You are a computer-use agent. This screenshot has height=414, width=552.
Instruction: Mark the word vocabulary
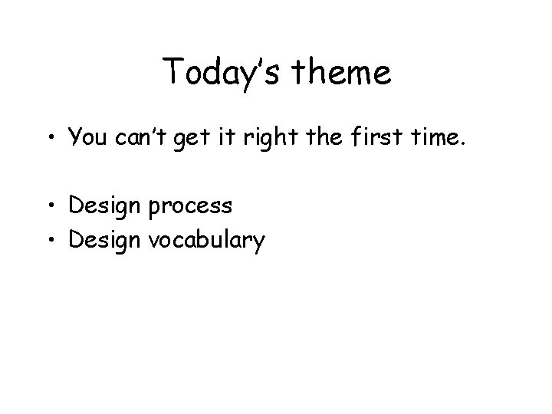pos(206,241)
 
